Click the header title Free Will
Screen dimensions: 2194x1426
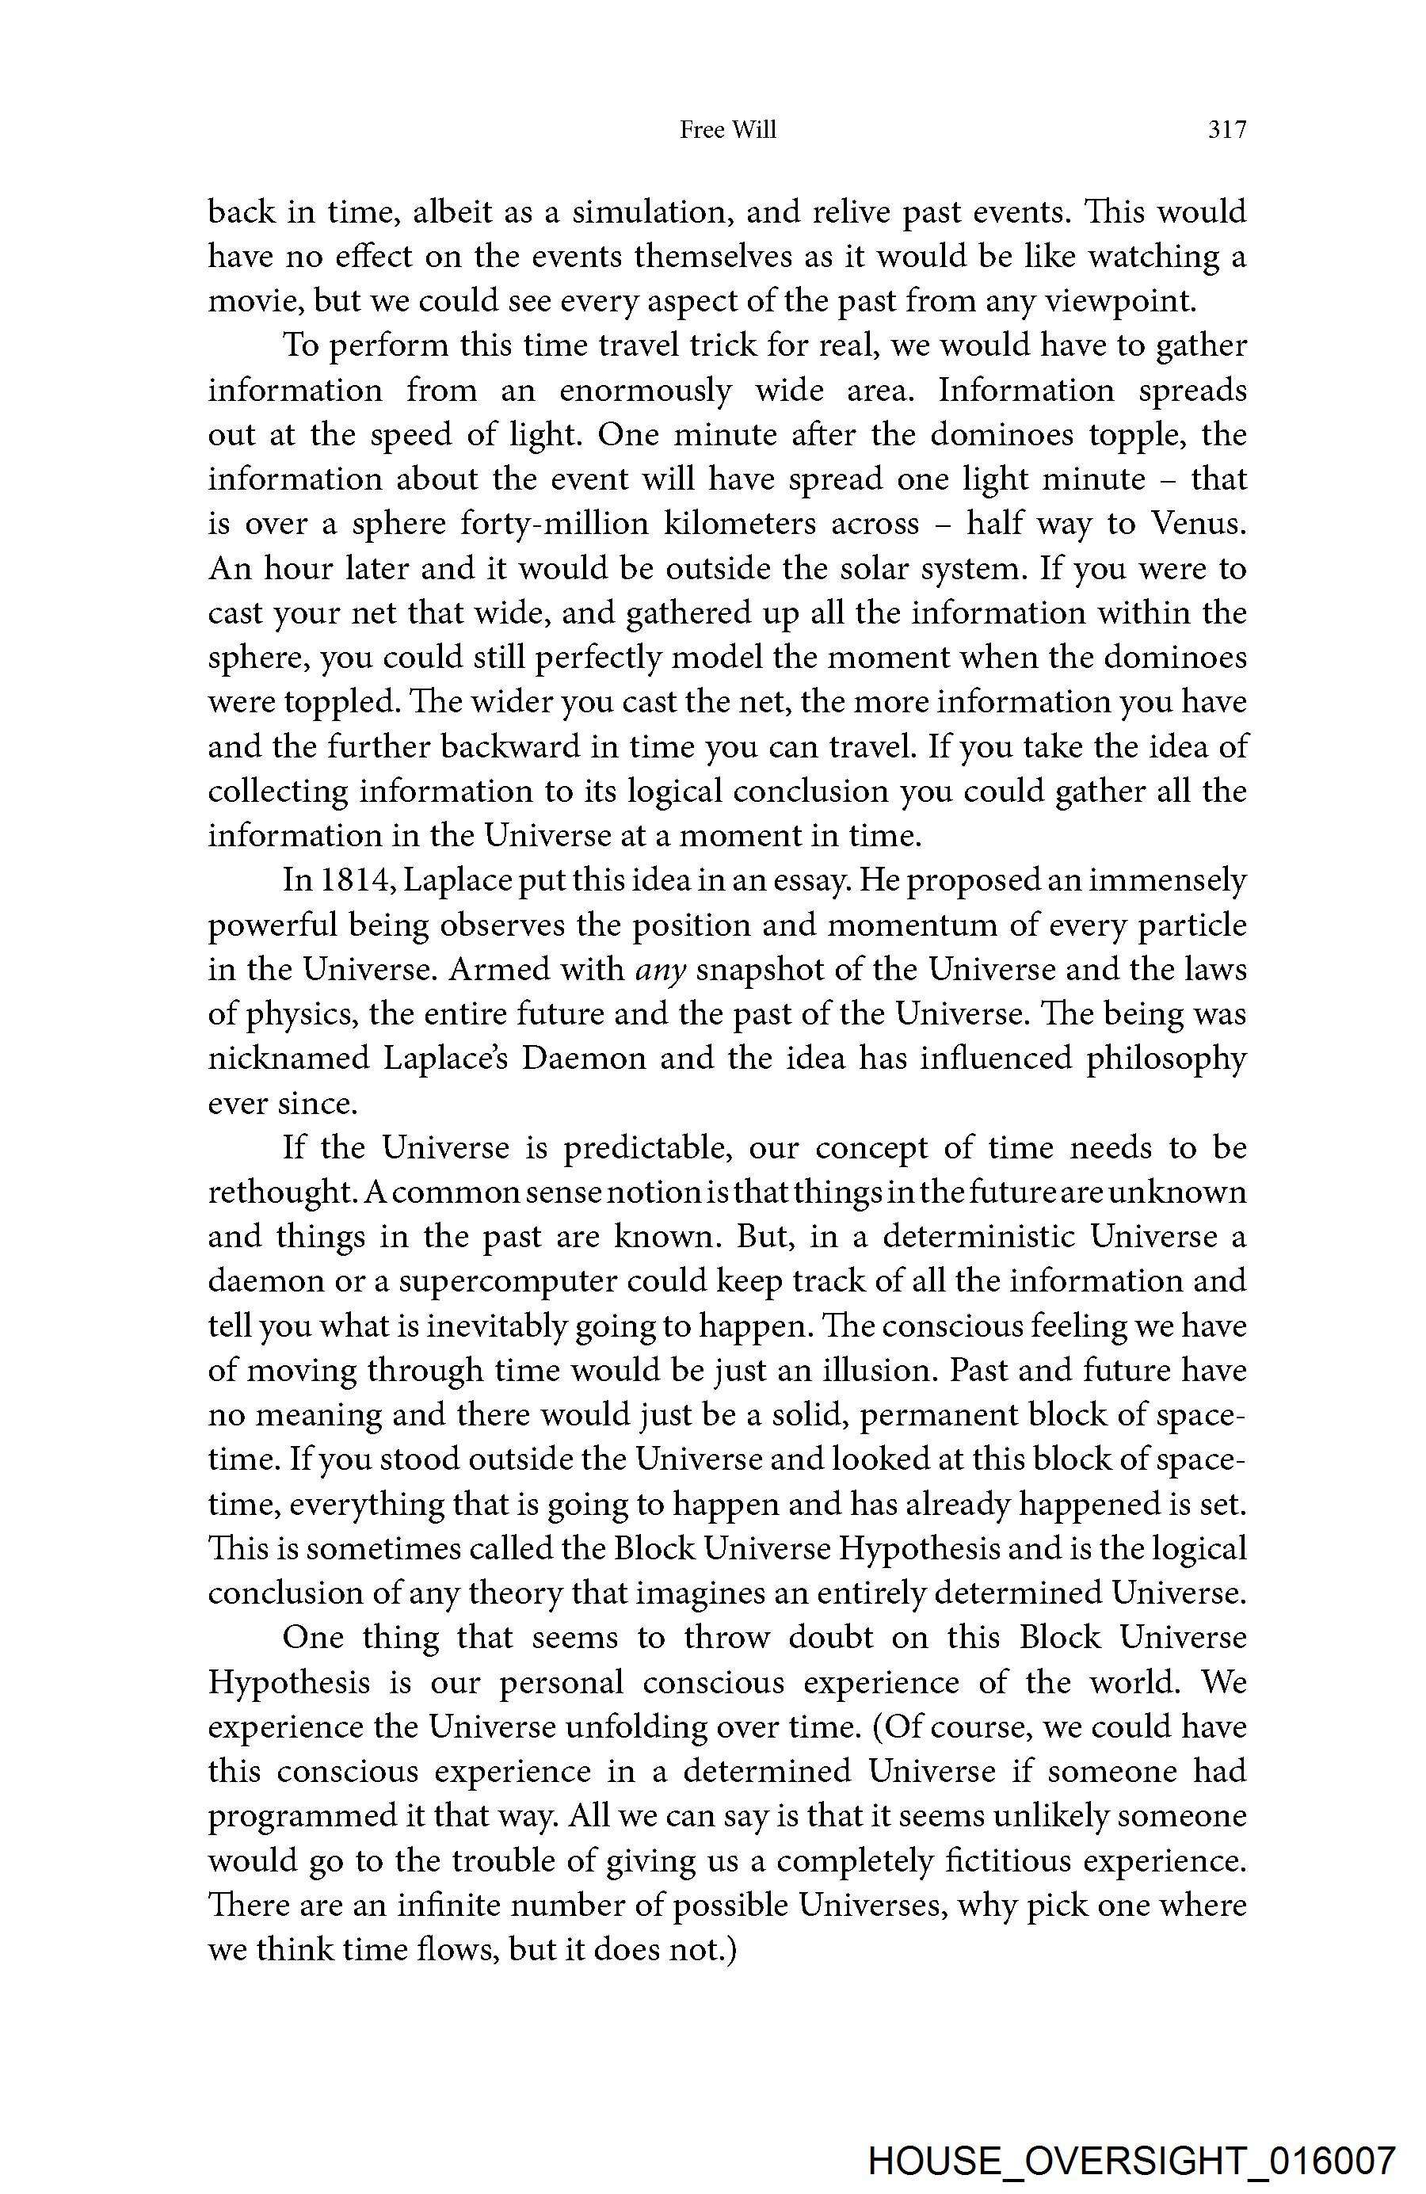coord(727,131)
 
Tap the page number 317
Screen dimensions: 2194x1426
coord(1227,131)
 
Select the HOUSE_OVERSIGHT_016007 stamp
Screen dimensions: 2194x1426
coord(1132,2159)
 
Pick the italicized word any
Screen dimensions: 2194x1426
coord(659,970)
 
